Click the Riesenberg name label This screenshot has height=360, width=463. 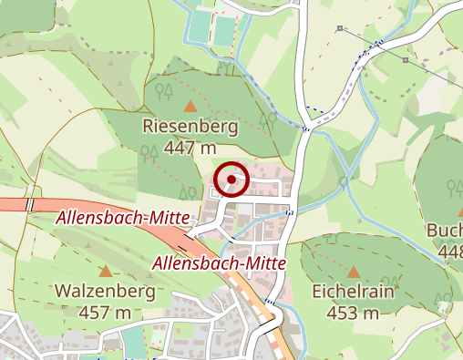190,127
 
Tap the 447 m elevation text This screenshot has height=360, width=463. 190,147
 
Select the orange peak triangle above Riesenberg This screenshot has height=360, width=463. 190,106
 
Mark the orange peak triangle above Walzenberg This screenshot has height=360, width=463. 107,272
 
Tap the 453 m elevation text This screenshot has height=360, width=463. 353,313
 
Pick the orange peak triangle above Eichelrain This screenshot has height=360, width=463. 353,272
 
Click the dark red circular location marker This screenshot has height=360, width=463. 232,180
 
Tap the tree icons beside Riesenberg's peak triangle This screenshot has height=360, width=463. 165,90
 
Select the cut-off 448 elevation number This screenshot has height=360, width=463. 450,251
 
